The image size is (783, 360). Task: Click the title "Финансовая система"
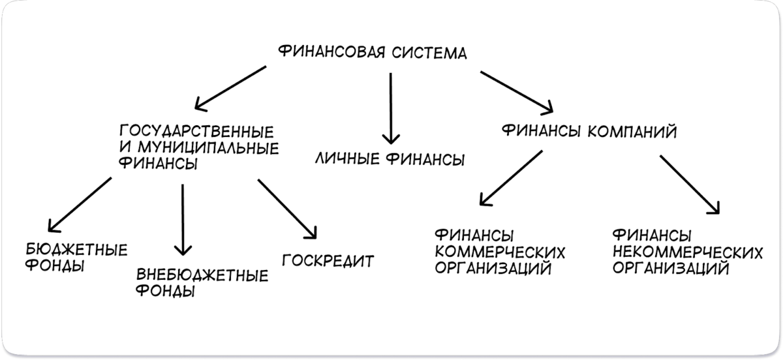tap(373, 53)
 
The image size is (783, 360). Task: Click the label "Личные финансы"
tap(390, 158)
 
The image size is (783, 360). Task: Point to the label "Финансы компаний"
tap(589, 132)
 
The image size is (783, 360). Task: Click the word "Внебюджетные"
tap(202, 276)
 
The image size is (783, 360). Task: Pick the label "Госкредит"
tap(328, 261)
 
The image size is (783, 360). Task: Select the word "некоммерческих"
tap(689, 251)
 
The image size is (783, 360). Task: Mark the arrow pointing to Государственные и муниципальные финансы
tap(230, 87)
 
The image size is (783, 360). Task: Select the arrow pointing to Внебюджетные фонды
tap(183, 219)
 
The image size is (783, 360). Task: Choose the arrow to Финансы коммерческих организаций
tap(510, 177)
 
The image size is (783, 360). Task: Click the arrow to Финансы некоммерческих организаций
tap(690, 185)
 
